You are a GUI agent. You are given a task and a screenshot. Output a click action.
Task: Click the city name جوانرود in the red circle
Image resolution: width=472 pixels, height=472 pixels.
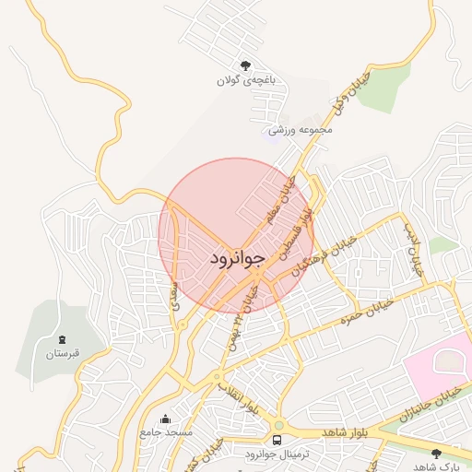(237, 257)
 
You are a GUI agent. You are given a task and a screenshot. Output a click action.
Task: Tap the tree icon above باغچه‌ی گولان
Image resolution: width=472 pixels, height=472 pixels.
(245, 65)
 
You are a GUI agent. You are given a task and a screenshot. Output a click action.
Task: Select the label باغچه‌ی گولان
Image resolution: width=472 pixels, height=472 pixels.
(246, 81)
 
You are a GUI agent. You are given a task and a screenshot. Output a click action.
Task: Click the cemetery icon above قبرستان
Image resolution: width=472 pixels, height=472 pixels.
(62, 339)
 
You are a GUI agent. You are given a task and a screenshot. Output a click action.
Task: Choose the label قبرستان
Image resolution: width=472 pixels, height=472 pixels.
(63, 354)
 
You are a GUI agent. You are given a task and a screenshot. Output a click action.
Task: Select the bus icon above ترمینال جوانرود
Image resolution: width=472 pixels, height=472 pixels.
(277, 440)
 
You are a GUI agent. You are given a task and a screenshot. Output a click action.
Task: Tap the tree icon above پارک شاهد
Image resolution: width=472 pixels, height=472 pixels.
(435, 453)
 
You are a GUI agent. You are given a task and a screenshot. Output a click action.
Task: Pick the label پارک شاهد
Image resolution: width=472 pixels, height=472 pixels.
(436, 466)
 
